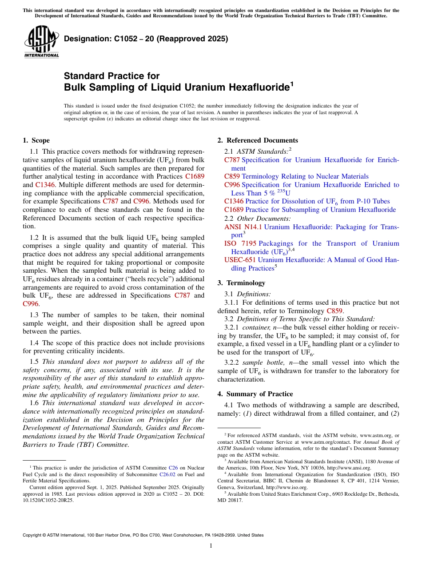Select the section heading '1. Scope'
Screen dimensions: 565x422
click(36, 140)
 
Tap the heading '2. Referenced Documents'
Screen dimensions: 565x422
click(257, 140)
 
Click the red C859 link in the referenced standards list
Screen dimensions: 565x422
click(232, 176)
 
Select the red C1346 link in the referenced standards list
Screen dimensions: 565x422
click(234, 201)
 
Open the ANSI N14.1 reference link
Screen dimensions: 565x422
click(243, 227)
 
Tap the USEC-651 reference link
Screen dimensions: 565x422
click(240, 260)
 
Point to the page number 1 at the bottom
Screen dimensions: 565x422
click(211, 545)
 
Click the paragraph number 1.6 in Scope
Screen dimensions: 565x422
click(35, 404)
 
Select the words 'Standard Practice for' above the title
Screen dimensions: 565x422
click(111, 76)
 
